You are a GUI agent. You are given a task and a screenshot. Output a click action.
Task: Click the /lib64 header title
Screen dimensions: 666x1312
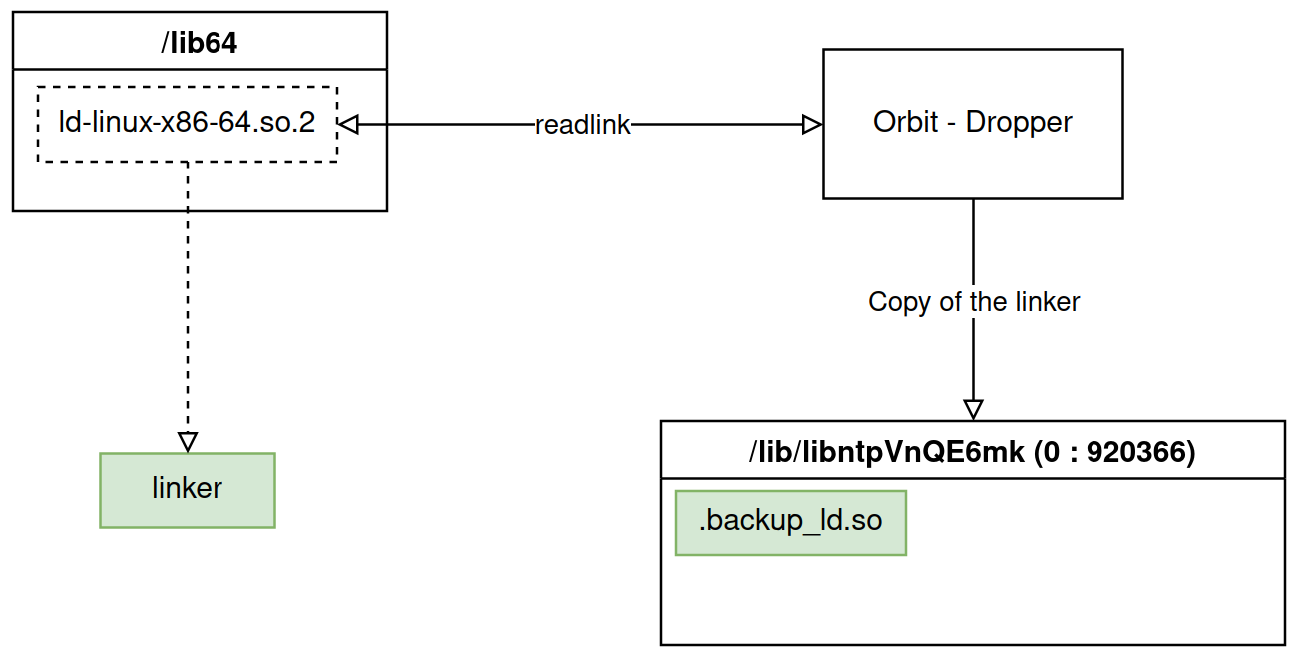[x=199, y=43]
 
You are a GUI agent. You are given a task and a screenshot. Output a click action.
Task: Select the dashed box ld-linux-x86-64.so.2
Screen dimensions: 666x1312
[x=187, y=124]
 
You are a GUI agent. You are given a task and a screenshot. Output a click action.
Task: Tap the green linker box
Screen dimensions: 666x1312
[x=187, y=490]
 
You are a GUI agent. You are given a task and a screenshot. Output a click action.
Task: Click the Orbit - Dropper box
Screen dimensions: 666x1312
[x=972, y=123]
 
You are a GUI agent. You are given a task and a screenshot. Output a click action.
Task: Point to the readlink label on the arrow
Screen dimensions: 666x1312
[x=583, y=125]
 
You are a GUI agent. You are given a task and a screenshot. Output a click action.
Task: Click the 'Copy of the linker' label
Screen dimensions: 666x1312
[x=973, y=302]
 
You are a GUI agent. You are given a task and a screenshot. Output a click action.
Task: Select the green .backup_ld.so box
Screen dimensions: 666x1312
[x=790, y=521]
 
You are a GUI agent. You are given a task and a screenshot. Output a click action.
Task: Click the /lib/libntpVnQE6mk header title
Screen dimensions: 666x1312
[x=972, y=452]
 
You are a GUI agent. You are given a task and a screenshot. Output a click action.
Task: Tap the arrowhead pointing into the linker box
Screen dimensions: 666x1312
[x=187, y=442]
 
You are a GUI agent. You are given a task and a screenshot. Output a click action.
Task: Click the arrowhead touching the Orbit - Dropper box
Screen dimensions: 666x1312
[x=812, y=124]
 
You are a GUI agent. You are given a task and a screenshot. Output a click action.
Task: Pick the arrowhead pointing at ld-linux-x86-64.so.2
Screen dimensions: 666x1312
[x=348, y=124]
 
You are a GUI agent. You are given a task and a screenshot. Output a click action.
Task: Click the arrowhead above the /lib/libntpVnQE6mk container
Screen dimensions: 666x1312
[x=973, y=409]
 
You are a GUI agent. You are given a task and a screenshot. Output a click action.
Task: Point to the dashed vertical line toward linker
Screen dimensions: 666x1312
[x=187, y=299]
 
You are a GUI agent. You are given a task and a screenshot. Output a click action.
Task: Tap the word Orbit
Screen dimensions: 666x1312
[x=905, y=123]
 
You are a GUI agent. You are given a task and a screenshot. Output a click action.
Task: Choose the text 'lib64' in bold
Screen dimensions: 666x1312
[x=204, y=43]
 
